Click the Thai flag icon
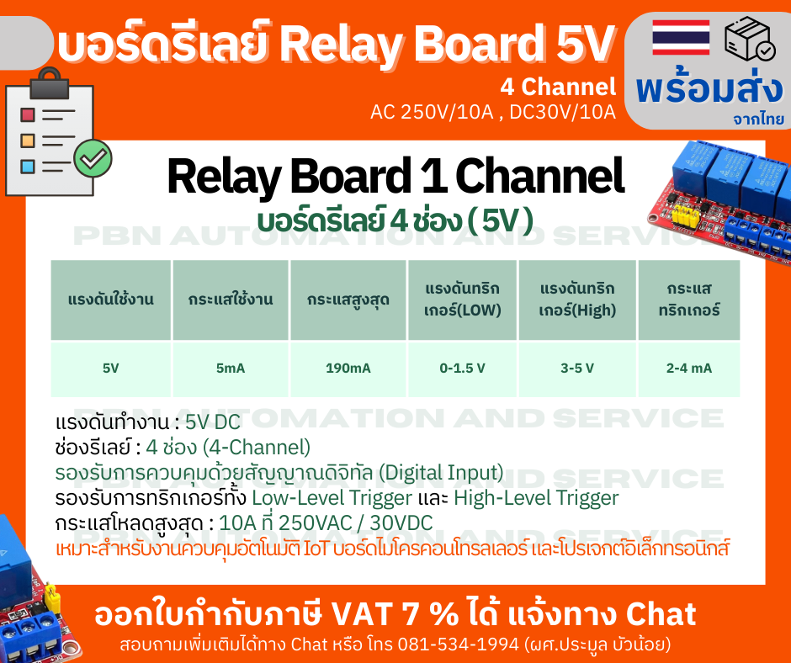coord(681,37)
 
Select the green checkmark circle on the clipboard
coord(93,156)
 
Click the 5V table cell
coord(110,368)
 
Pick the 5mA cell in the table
coord(231,368)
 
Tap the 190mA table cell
coord(348,368)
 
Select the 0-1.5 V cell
coord(463,368)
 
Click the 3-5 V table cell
coord(577,368)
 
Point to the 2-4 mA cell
coord(688,368)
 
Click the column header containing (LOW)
coord(463,300)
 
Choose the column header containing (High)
coord(577,300)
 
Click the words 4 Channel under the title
coord(558,87)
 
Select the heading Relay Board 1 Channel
coord(395,177)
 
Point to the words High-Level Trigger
coord(536,497)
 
